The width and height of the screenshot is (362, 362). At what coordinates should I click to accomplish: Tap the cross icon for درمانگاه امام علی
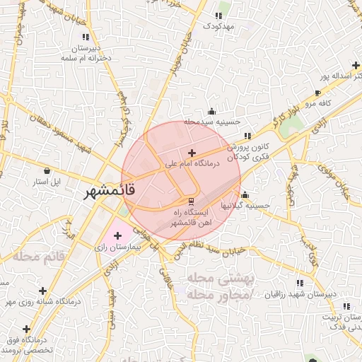point(192,153)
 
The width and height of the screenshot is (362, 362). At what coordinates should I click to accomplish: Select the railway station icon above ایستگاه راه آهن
point(178,202)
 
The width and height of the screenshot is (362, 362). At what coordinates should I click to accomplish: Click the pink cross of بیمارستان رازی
point(117,235)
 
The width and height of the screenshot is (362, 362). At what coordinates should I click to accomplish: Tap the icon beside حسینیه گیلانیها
point(245,194)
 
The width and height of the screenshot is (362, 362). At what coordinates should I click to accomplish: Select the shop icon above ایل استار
point(47,170)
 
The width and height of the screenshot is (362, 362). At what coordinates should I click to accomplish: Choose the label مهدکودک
point(218,25)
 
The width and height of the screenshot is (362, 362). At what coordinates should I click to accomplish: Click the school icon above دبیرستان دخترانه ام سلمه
point(91,47)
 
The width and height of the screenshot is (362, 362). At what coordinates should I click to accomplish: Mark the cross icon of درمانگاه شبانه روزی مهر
point(43,290)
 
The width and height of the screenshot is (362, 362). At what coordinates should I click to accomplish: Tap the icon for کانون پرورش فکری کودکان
point(246,136)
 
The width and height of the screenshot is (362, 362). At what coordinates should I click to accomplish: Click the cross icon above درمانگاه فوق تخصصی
point(27,329)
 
